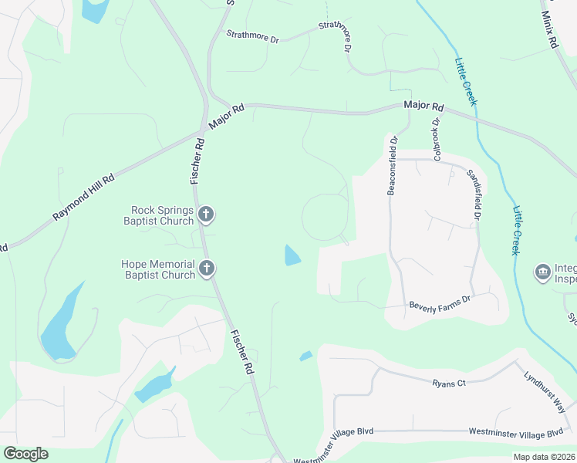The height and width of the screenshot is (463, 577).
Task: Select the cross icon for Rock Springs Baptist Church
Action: [x=205, y=214]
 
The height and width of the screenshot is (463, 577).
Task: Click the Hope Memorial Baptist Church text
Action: [x=158, y=269]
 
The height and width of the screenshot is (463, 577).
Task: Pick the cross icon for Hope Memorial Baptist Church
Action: [x=206, y=269]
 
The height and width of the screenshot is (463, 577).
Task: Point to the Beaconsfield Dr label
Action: [x=392, y=166]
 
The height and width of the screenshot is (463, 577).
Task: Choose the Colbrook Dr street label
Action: [x=437, y=139]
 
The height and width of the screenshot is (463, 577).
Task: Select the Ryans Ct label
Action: [x=449, y=383]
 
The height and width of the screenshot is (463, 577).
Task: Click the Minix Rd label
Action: [x=549, y=30]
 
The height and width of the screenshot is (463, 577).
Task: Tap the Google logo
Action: [x=25, y=453]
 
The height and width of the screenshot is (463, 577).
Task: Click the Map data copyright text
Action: [x=545, y=457]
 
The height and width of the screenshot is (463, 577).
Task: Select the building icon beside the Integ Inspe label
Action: [x=542, y=272]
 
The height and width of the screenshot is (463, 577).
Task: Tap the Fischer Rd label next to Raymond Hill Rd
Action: [x=197, y=160]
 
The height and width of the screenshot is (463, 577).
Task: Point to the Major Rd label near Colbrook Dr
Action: [x=424, y=106]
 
